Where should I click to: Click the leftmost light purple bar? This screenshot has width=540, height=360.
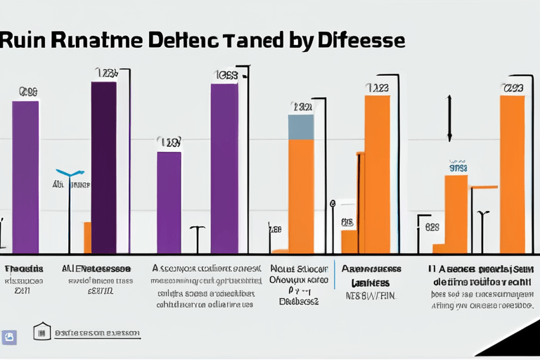[25, 176]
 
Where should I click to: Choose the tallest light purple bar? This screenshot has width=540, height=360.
[224, 168]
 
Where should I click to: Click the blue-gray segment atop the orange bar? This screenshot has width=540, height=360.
[301, 127]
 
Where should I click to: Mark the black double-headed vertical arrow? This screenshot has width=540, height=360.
[449, 117]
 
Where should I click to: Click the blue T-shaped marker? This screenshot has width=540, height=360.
[70, 173]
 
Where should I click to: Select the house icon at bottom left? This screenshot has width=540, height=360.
[41, 332]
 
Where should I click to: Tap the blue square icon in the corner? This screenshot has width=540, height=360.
[10, 337]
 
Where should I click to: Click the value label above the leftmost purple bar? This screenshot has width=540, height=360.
[28, 91]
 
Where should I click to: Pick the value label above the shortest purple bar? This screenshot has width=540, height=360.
[169, 142]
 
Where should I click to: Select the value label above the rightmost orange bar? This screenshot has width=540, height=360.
[513, 88]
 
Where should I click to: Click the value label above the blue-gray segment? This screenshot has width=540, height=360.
[302, 107]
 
